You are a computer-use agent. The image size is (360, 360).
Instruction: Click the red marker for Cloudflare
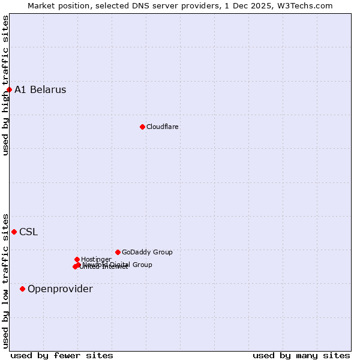tap(142, 127)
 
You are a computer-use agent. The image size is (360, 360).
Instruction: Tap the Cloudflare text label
tap(163, 127)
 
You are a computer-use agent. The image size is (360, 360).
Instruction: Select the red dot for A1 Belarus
tap(9, 90)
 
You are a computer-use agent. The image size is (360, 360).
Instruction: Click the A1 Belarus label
tap(40, 90)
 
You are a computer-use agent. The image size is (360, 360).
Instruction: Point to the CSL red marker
tap(14, 232)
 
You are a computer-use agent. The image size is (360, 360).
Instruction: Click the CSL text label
tap(28, 232)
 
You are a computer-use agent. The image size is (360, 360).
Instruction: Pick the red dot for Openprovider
tap(22, 289)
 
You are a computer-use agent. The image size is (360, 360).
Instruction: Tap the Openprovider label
tap(60, 289)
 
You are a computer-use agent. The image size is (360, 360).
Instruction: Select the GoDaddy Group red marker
tap(118, 252)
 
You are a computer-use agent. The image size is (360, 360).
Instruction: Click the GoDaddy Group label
tap(147, 252)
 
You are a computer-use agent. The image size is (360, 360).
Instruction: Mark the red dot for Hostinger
tap(77, 259)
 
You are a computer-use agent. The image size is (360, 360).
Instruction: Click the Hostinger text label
tap(96, 259)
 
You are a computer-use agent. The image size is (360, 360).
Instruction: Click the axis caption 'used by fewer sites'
tap(62, 355)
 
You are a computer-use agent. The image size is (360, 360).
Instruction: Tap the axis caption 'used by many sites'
tap(301, 355)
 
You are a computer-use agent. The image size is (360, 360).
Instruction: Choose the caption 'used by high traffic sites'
tap(5, 85)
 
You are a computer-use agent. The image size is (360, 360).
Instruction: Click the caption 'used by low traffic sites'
tap(5, 280)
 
